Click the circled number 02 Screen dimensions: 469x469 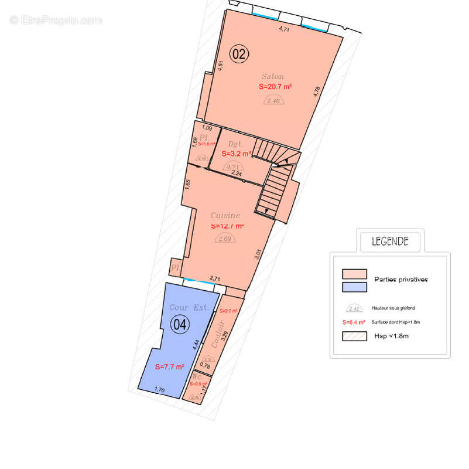(x=239, y=54)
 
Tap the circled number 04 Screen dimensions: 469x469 (x=179, y=323)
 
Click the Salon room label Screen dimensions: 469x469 (x=273, y=77)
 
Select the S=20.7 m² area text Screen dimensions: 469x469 (x=275, y=86)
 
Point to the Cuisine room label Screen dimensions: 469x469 (x=225, y=216)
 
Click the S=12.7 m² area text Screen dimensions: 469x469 (x=227, y=226)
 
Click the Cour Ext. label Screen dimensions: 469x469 (x=189, y=307)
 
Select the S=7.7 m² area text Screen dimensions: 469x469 (x=170, y=366)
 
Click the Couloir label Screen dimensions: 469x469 (x=217, y=335)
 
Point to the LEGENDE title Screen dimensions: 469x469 (x=390, y=241)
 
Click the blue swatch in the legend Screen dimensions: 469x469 (x=354, y=287)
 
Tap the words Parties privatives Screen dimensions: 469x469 (x=401, y=280)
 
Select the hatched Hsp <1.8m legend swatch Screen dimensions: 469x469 (x=354, y=337)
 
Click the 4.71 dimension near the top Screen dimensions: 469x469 (x=284, y=28)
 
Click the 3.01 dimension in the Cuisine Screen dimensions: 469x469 (x=258, y=254)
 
